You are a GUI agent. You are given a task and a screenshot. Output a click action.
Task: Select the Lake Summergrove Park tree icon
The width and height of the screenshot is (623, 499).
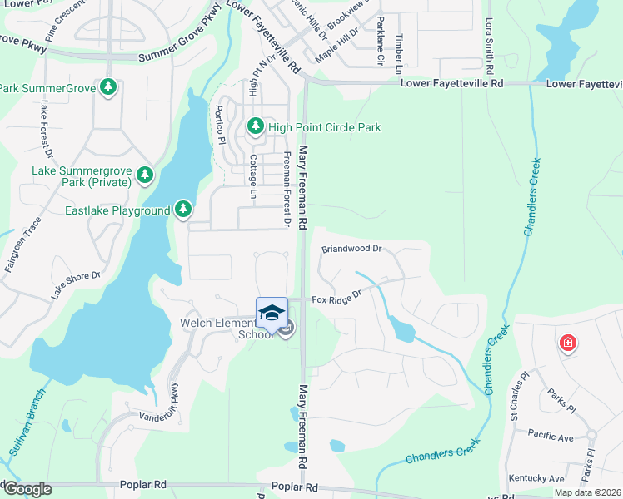[x=146, y=175]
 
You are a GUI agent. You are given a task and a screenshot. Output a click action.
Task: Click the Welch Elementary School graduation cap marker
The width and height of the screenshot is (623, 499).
[x=272, y=313]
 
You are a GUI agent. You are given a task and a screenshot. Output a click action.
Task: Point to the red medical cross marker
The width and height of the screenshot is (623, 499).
[x=567, y=343]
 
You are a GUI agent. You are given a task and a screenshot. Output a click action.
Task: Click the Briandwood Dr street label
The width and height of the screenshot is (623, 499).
[x=351, y=249]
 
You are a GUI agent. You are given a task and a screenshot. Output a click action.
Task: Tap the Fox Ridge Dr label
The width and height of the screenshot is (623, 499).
[x=337, y=297]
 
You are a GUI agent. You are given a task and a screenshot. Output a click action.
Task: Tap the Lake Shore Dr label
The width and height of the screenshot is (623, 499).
[x=76, y=285]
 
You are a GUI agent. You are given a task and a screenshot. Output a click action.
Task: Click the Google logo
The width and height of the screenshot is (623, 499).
[x=27, y=489]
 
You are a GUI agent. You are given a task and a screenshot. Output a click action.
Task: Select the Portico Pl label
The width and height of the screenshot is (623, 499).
[x=220, y=124]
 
